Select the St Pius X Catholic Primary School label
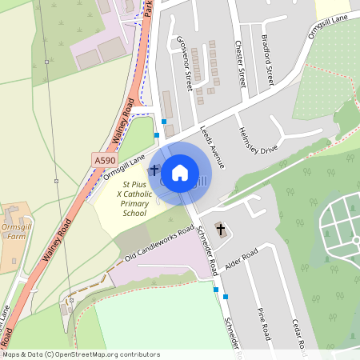[123, 198]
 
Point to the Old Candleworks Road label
[160, 243]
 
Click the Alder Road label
[241, 260]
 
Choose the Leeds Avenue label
[212, 145]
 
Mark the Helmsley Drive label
[258, 138]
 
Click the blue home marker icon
[179, 172]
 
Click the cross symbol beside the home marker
[154, 170]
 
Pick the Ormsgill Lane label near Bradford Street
[330, 26]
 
